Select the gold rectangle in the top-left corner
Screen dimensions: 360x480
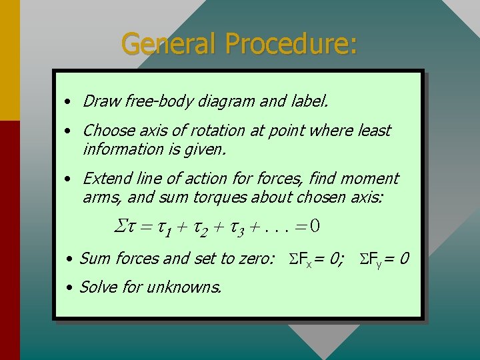(10, 60)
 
